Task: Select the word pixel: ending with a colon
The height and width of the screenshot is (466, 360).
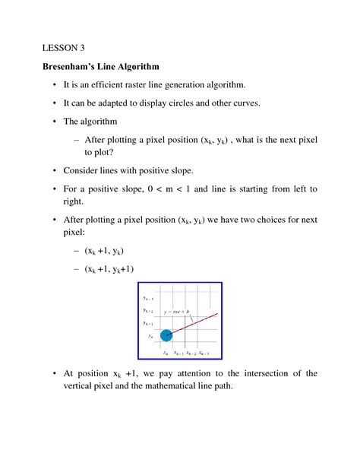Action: point(77,234)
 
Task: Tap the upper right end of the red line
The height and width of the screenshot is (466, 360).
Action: point(218,313)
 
